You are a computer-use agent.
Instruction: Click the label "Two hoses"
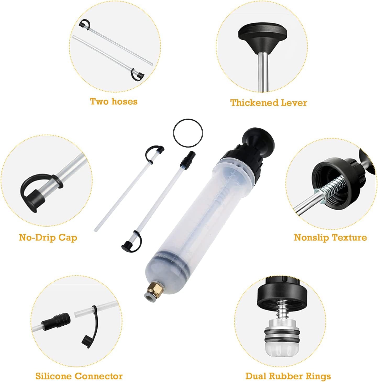[x=114, y=102]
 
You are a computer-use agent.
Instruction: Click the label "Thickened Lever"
[x=269, y=103]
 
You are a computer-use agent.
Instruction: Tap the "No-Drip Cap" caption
[x=48, y=237]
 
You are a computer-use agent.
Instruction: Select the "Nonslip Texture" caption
[x=330, y=237]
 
